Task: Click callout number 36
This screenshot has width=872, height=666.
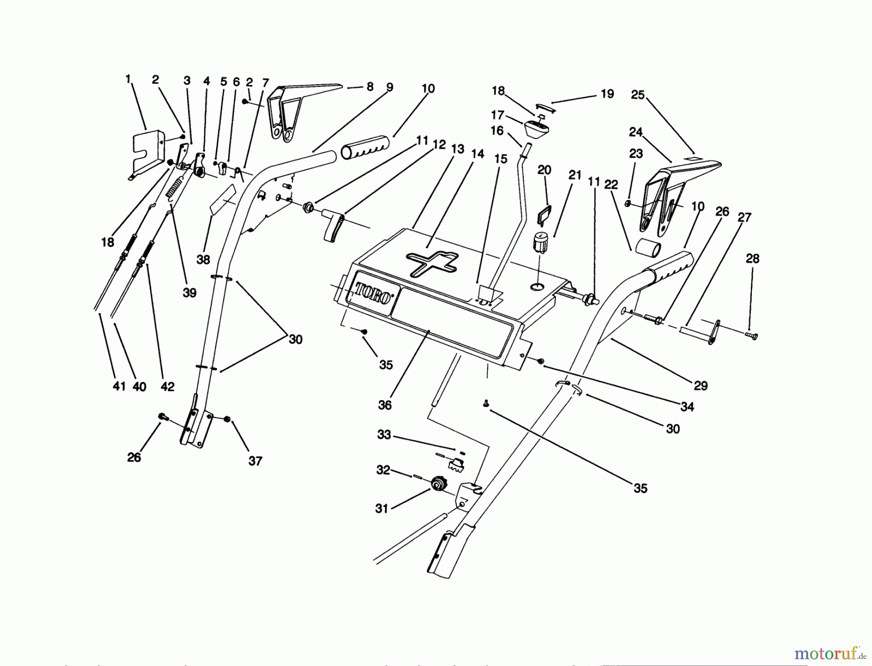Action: [x=385, y=404]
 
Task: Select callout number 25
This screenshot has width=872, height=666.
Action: [x=638, y=95]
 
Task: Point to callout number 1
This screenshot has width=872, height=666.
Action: [x=128, y=78]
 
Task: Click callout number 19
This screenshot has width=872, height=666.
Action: [x=607, y=93]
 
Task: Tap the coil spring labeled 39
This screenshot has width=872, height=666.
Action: [x=175, y=187]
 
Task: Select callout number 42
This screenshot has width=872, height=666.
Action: [x=167, y=386]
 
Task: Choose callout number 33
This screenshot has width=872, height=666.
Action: [x=384, y=434]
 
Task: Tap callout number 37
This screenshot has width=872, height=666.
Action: [x=255, y=461]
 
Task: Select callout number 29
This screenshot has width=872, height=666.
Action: [x=701, y=386]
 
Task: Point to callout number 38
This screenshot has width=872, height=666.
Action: [x=203, y=260]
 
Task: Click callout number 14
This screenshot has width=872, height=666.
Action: [x=477, y=154]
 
